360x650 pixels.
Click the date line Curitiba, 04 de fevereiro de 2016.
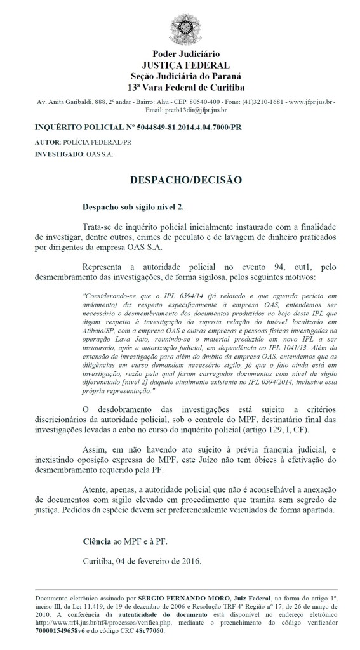pos(142,561)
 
